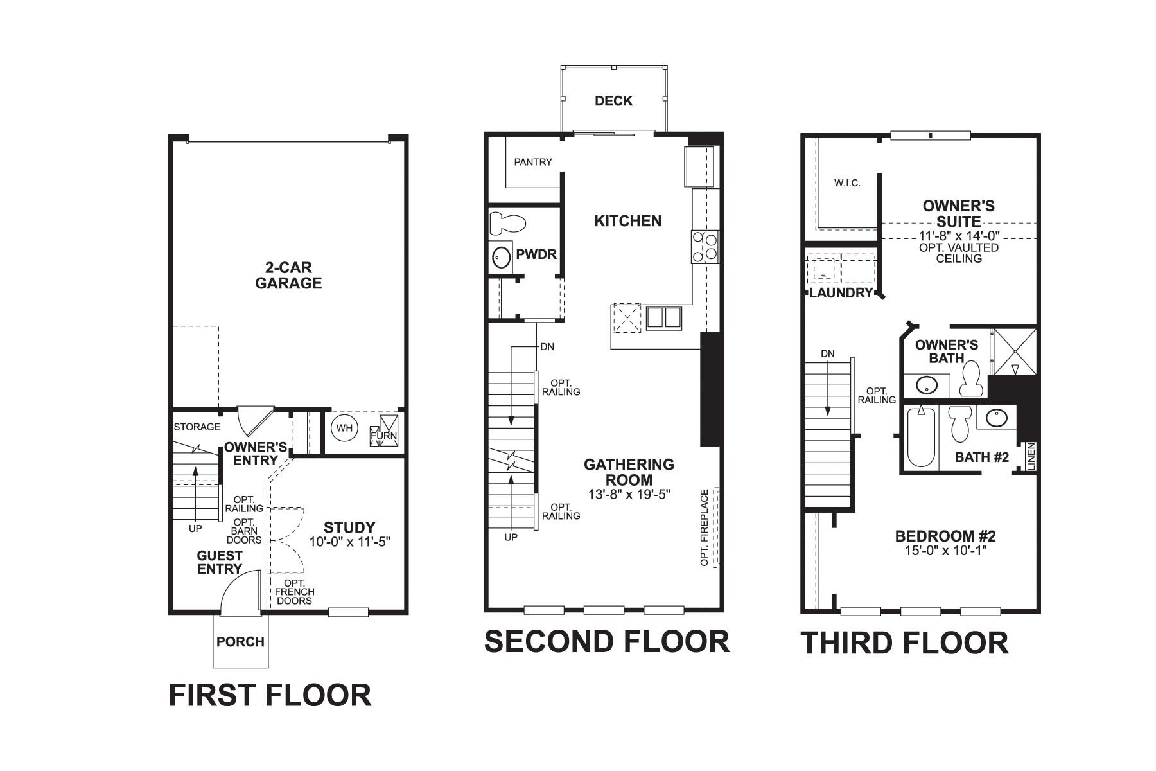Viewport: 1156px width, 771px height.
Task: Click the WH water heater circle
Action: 345,429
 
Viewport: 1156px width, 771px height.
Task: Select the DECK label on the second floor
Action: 613,101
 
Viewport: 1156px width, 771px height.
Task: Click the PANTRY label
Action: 533,162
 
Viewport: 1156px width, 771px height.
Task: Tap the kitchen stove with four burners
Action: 705,247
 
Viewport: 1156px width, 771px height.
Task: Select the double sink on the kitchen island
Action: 663,318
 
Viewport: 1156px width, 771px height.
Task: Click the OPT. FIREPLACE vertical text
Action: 705,528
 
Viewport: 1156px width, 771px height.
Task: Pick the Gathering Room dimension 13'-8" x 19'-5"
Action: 629,494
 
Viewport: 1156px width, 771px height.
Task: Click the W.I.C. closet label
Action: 847,183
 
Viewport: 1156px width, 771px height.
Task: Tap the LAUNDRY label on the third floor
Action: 841,293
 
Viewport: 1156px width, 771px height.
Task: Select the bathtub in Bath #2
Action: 921,437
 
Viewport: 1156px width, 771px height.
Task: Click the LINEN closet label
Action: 1031,457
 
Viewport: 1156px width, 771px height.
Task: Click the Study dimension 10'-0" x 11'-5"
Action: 350,542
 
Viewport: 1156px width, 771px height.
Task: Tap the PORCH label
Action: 240,642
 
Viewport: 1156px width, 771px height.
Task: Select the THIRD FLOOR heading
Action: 904,643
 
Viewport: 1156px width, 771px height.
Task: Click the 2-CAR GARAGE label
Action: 288,276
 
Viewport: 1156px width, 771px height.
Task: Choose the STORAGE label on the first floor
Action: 197,427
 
